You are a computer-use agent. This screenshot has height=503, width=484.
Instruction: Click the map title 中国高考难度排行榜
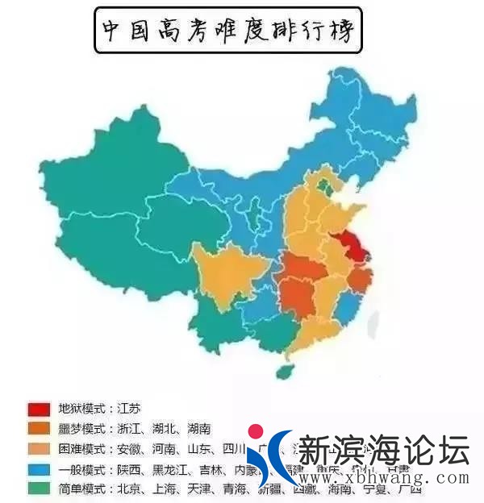229,30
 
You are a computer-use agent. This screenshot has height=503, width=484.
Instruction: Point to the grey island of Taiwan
373,323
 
